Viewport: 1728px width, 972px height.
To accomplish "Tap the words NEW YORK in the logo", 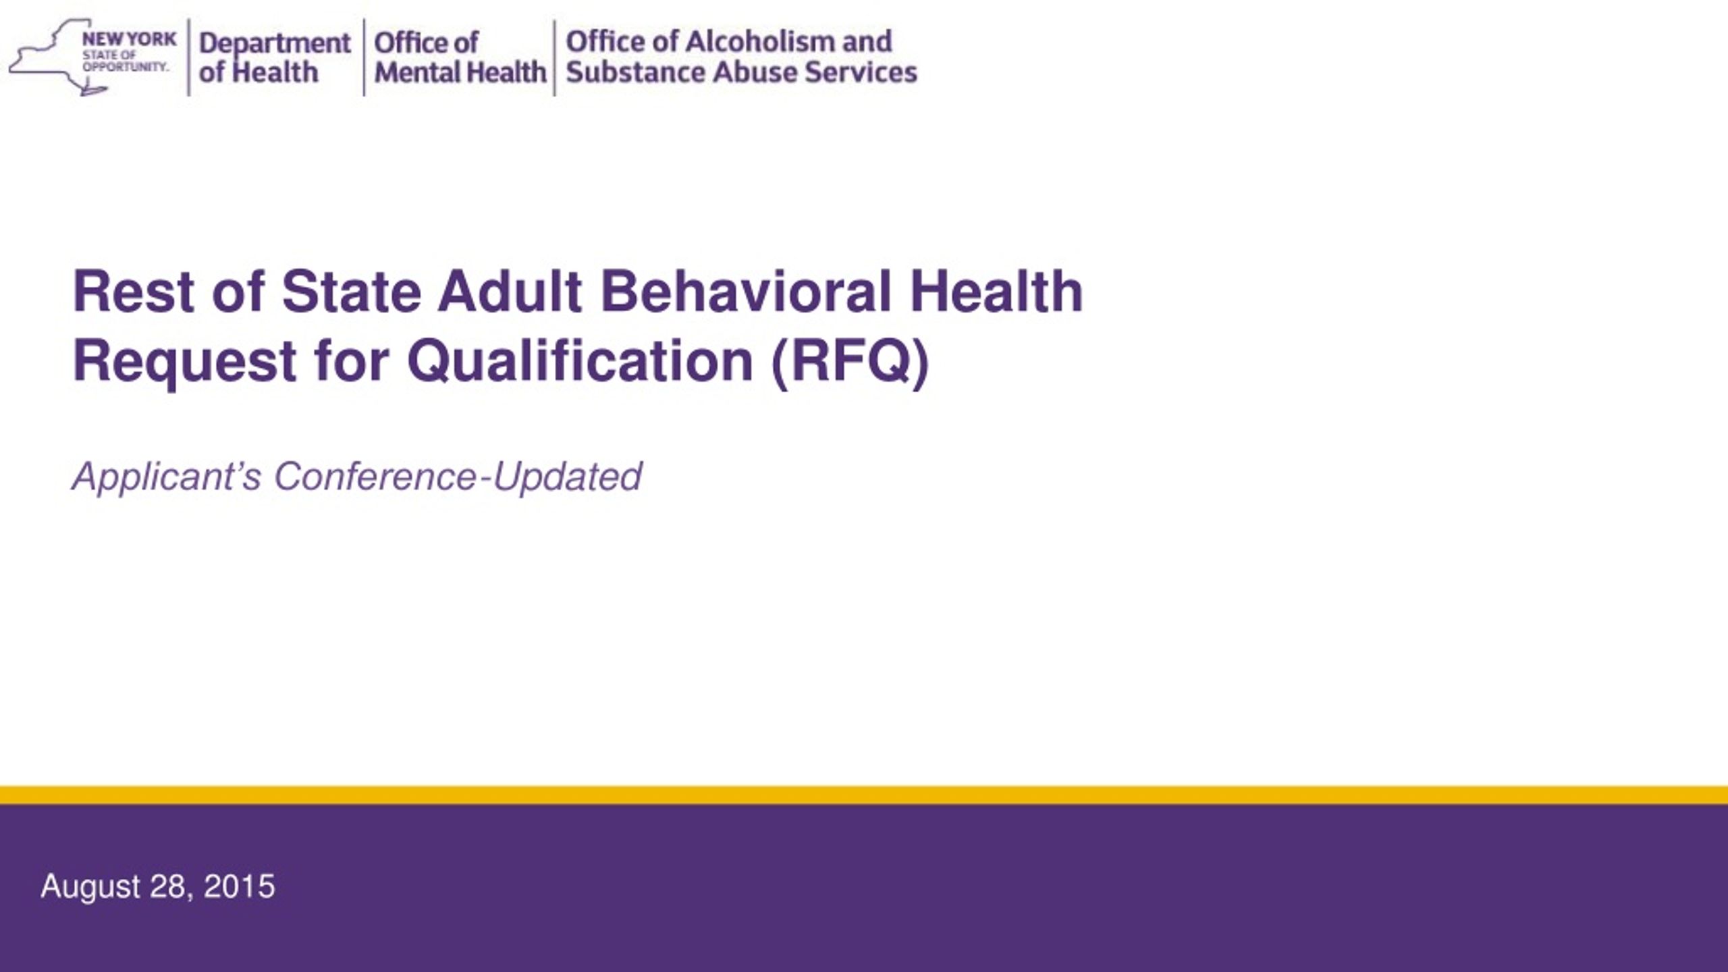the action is click(x=129, y=39).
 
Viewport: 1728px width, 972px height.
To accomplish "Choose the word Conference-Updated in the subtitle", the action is click(x=458, y=477).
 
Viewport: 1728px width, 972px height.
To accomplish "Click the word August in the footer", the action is click(x=90, y=887).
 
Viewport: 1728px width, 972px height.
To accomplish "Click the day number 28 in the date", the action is click(x=170, y=887).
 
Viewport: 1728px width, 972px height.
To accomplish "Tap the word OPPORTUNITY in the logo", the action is click(x=126, y=67).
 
